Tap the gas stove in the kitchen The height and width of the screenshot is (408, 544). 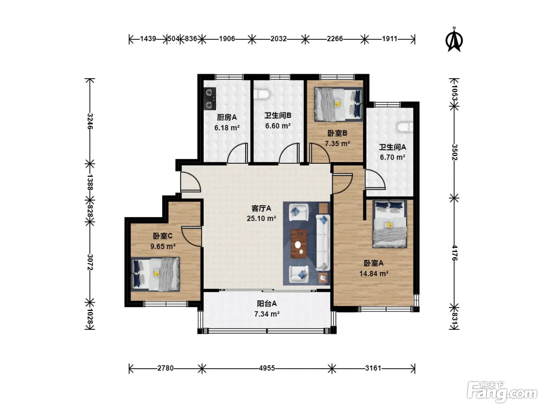click(210, 99)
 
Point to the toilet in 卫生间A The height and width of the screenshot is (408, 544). click(405, 127)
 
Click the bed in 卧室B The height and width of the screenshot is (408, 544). click(338, 104)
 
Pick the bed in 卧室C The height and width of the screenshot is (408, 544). click(155, 274)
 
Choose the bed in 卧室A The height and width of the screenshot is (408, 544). click(390, 224)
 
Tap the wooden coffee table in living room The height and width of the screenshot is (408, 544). click(299, 244)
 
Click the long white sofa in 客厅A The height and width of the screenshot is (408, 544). click(323, 242)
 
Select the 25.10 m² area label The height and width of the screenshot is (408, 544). click(261, 218)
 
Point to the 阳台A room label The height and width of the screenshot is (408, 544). click(267, 303)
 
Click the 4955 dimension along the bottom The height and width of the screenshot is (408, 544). click(267, 368)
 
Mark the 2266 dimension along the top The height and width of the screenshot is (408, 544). click(335, 38)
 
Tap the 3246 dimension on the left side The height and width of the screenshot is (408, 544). click(90, 121)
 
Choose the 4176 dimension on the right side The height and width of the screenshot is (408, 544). click(454, 253)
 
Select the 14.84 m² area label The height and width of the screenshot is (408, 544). click(374, 274)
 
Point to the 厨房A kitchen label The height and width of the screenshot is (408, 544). click(227, 117)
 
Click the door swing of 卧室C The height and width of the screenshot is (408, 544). click(191, 236)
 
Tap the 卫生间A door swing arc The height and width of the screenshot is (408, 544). click(375, 180)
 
